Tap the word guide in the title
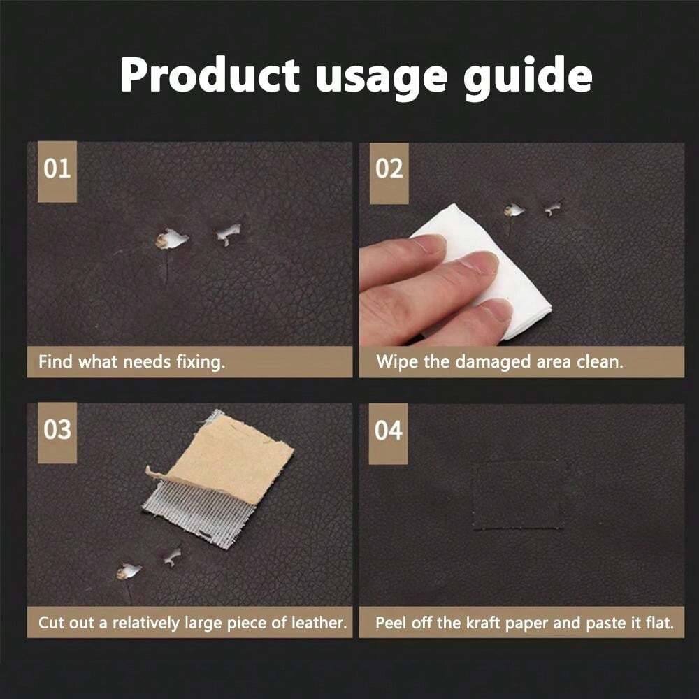click(x=533, y=75)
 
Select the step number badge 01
click(x=57, y=170)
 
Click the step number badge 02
click(x=389, y=170)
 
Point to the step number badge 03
click(x=57, y=430)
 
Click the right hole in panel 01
click(x=229, y=233)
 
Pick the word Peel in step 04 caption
click(x=391, y=623)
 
